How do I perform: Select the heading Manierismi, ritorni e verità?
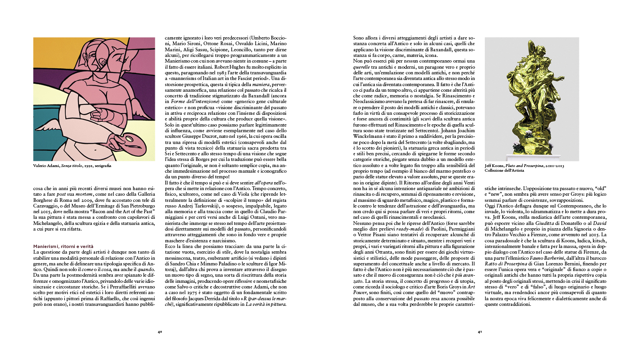click(63, 246)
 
